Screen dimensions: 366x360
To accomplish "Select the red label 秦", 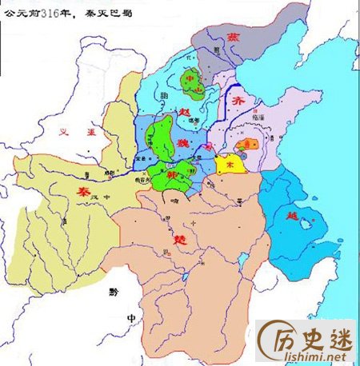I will coord(82,193).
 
